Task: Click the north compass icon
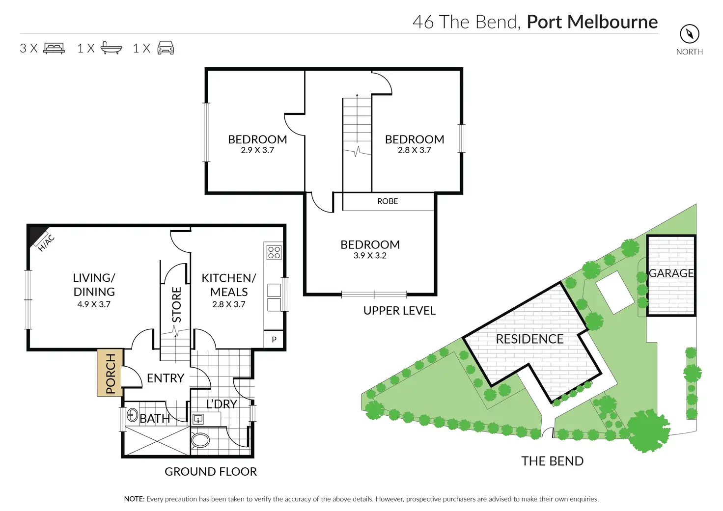point(689,34)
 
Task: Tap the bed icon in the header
point(54,48)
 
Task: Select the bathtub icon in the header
point(111,48)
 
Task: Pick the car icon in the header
point(166,48)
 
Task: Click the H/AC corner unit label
point(46,242)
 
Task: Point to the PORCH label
point(111,373)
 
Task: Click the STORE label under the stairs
point(176,305)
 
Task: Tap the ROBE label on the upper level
point(388,201)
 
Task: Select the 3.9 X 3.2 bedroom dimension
point(370,256)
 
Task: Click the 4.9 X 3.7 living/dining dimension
point(94,304)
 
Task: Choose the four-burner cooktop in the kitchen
point(274,252)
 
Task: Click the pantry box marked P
point(274,339)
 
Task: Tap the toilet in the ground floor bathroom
point(200,440)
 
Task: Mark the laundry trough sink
point(198,419)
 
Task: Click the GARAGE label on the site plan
point(671,273)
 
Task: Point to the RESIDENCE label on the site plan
point(529,339)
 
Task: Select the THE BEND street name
point(552,461)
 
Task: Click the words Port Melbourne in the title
point(592,22)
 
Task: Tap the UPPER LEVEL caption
point(399,311)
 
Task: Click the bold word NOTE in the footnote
point(134,499)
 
